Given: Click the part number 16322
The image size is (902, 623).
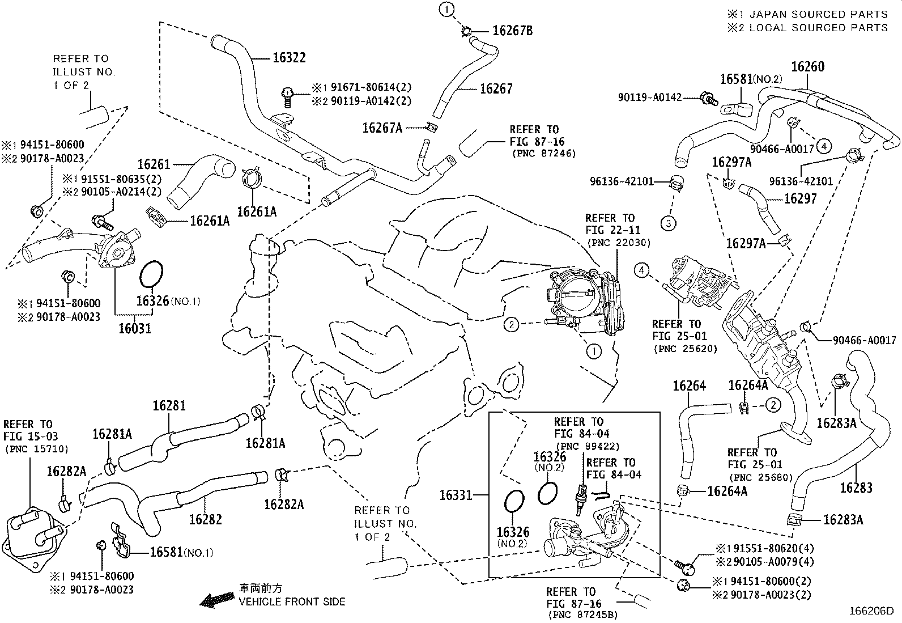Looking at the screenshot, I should click(x=289, y=57).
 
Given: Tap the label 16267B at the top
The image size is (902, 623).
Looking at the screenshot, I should click(x=512, y=31).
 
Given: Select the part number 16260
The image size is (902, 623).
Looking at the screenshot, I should click(x=807, y=67).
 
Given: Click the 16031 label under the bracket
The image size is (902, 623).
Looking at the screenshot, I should click(x=135, y=328).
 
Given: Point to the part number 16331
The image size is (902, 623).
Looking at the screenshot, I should click(x=456, y=495).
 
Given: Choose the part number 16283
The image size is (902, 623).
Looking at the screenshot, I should click(x=856, y=488).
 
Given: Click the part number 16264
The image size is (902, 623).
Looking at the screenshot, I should click(x=689, y=386).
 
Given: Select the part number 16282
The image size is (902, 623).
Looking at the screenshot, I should click(x=205, y=519).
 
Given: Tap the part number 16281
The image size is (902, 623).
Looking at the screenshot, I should click(x=169, y=406).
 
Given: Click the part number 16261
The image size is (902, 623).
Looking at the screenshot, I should click(x=154, y=164).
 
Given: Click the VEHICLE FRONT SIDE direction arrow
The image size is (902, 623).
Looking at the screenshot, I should click(x=218, y=599).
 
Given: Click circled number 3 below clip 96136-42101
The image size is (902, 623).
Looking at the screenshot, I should click(x=669, y=223).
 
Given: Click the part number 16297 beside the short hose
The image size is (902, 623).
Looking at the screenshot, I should click(x=800, y=199).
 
